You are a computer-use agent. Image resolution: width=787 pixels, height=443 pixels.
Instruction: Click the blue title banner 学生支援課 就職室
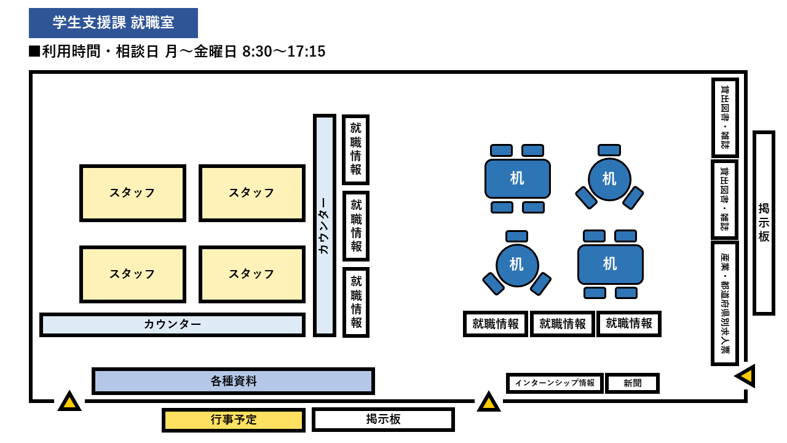(113, 23)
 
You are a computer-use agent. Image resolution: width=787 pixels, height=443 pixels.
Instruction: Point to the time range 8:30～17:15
(283, 52)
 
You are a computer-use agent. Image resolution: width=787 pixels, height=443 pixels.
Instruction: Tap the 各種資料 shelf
(233, 381)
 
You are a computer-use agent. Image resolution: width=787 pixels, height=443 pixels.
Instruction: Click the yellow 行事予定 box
(234, 420)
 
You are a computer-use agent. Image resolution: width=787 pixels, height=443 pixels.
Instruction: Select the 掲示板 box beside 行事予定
(383, 420)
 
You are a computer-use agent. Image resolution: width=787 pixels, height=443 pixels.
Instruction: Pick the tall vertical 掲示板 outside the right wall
(764, 222)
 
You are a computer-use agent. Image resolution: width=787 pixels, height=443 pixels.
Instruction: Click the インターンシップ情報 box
(555, 383)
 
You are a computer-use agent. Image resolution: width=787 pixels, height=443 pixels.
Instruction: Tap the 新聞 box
(632, 383)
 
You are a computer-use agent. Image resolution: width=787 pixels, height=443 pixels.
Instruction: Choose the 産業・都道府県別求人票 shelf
(725, 303)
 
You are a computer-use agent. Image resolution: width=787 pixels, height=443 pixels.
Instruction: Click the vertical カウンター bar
(324, 225)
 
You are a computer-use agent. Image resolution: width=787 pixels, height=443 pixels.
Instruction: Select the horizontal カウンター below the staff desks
(172, 324)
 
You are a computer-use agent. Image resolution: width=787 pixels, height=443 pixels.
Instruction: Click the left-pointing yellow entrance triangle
(746, 375)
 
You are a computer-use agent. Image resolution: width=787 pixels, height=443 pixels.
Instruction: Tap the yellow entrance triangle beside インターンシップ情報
(489, 402)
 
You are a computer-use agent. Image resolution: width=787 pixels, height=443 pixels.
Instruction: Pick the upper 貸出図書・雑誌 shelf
(725, 117)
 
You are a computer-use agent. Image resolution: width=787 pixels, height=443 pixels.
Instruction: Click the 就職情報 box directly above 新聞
(629, 324)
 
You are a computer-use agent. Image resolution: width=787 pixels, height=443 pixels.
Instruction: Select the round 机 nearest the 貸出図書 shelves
(609, 179)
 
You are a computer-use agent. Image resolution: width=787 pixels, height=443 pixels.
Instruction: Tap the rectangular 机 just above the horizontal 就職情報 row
(610, 264)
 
